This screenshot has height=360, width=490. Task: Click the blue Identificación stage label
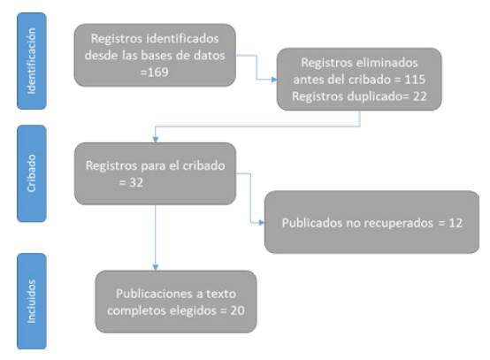[32, 61]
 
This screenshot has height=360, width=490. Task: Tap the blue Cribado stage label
[32, 173]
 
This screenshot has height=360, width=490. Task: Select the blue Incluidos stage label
[32, 302]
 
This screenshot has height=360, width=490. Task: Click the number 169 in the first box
[157, 73]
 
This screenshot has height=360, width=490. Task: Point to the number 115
[415, 80]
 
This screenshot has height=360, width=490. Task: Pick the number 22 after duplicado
[420, 96]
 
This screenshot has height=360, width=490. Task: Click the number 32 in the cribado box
[136, 182]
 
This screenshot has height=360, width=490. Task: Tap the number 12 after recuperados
[456, 223]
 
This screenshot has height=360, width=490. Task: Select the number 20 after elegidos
[238, 310]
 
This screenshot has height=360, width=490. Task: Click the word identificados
[182, 39]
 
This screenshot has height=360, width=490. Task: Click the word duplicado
[375, 96]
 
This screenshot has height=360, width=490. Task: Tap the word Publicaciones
[155, 294]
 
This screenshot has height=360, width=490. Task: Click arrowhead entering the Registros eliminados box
[274, 80]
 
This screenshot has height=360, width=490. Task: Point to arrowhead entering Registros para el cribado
[156, 140]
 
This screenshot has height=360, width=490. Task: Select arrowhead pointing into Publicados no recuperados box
[262, 223]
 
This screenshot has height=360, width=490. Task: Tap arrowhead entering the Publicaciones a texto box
[156, 267]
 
